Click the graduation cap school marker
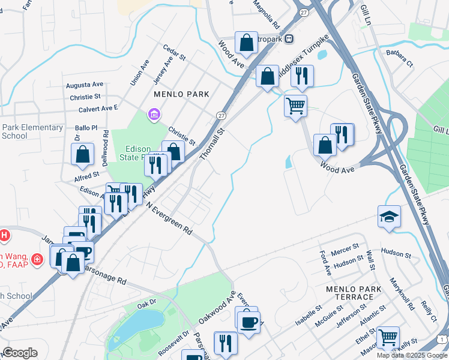(x=389, y=216)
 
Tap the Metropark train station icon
(x=289, y=38)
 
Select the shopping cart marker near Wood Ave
(x=295, y=106)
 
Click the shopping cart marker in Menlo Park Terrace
(x=388, y=337)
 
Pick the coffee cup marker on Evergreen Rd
(x=247, y=322)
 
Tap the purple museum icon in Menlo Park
(x=154, y=114)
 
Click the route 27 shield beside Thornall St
(x=221, y=115)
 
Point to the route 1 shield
(x=442, y=340)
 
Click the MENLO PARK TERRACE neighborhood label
(x=353, y=293)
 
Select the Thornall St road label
(x=211, y=143)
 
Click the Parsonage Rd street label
(x=105, y=275)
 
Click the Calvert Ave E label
(x=98, y=109)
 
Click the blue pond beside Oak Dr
(x=134, y=327)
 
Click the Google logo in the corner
(x=20, y=352)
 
